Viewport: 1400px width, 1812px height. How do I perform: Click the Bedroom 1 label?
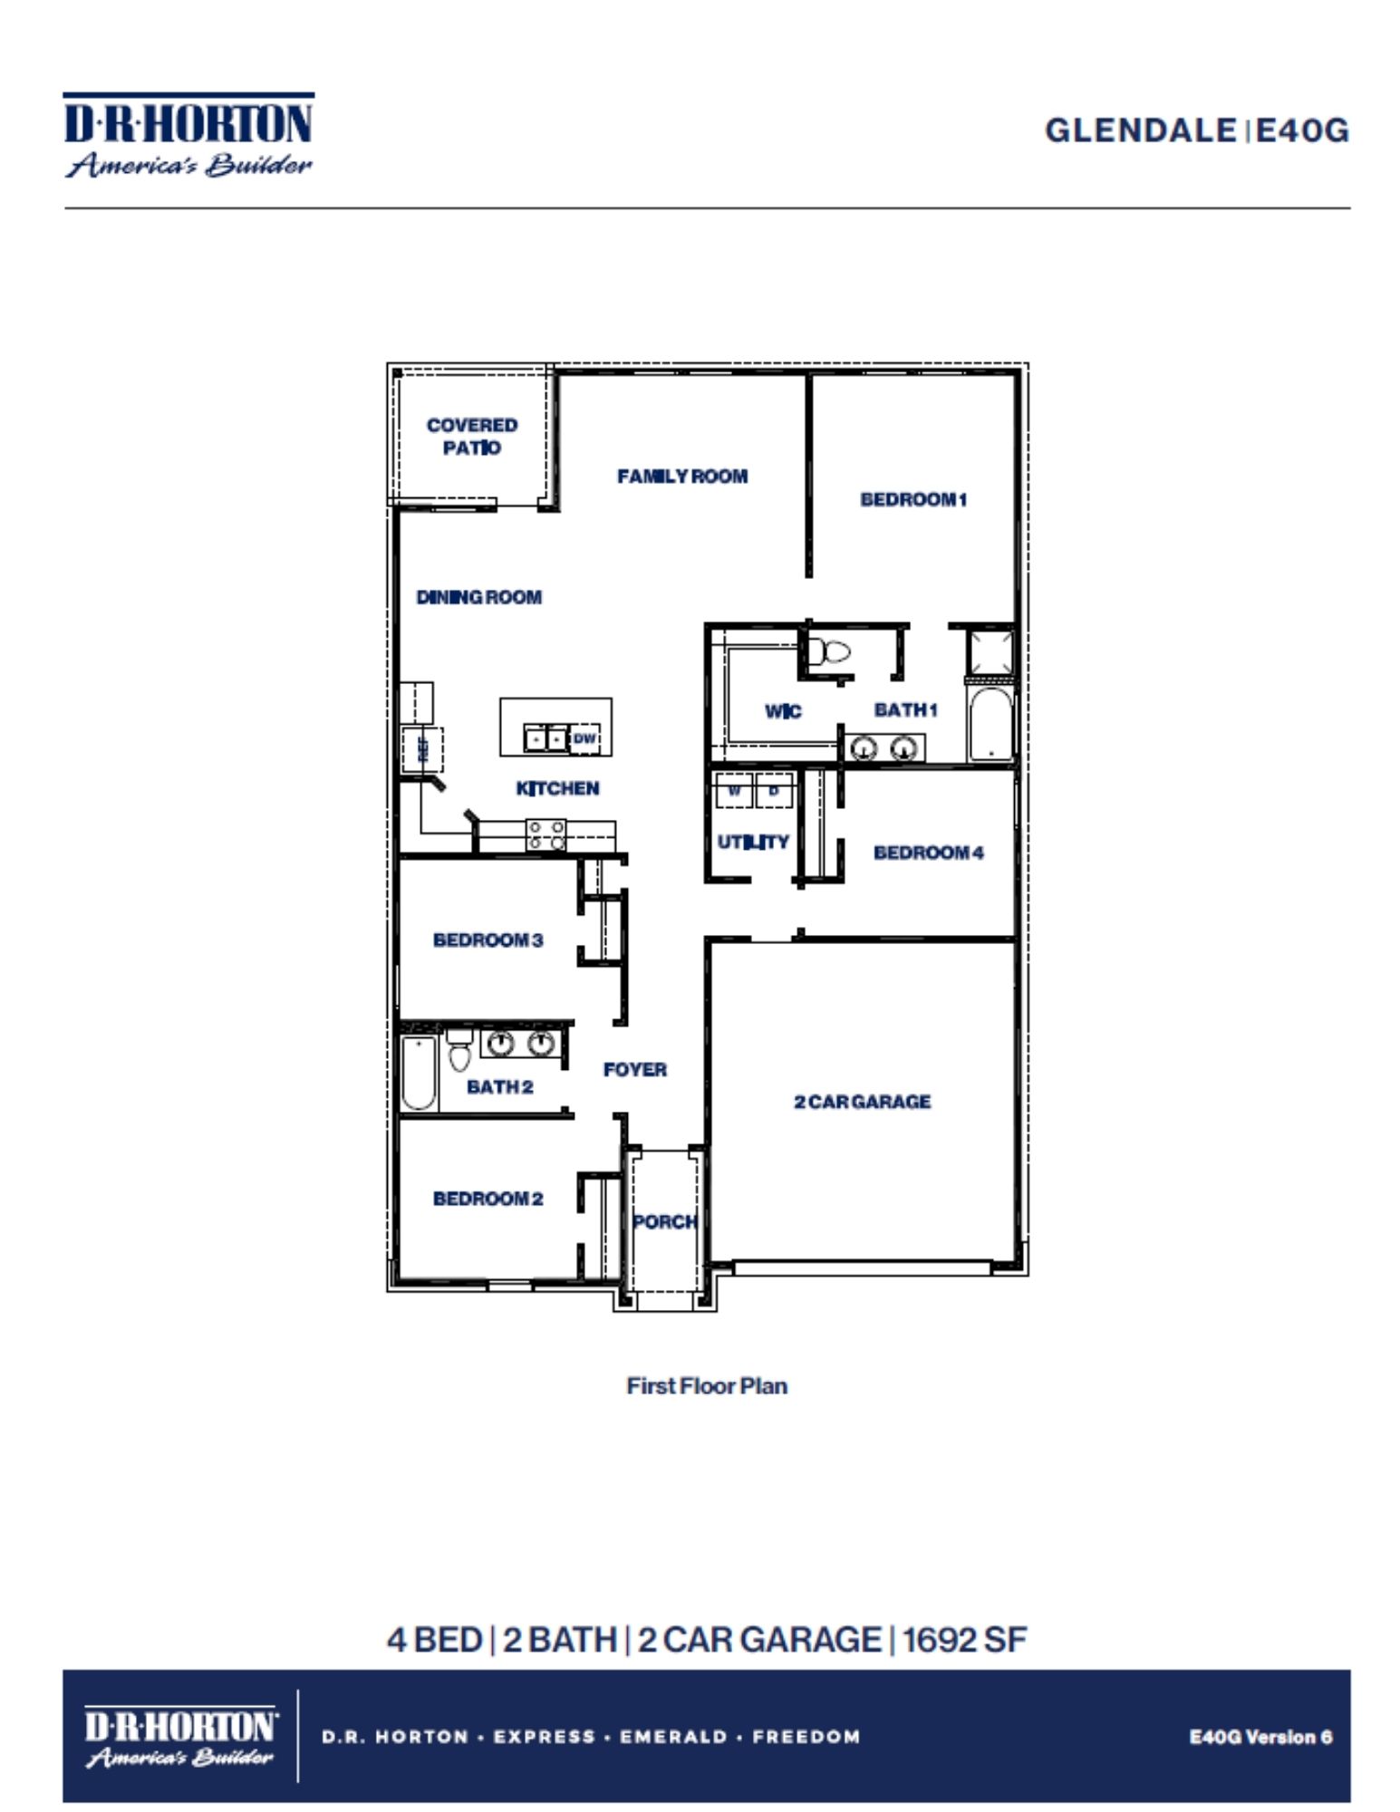[x=913, y=499]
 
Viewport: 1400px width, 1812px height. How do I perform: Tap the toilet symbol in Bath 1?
[x=829, y=651]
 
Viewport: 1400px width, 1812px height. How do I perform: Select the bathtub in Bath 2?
[x=419, y=1073]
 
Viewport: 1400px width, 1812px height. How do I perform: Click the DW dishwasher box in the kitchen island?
[x=584, y=738]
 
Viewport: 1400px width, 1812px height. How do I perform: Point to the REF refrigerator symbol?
[x=422, y=748]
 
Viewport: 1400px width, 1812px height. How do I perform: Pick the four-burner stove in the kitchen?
[x=546, y=834]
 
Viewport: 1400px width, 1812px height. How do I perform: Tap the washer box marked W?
[x=735, y=790]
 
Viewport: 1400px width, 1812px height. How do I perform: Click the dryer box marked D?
[x=774, y=790]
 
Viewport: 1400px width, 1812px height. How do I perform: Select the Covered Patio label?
[x=472, y=436]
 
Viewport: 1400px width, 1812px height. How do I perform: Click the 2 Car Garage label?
[x=862, y=1102]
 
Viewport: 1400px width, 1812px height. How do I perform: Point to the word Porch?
[x=664, y=1221]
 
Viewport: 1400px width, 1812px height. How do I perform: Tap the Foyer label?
[x=634, y=1070]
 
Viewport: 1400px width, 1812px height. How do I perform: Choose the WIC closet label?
[x=783, y=711]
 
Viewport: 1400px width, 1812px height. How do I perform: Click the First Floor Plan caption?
[x=707, y=1385]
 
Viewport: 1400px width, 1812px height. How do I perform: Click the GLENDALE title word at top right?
[x=1140, y=130]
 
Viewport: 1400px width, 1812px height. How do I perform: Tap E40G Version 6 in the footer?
[x=1260, y=1737]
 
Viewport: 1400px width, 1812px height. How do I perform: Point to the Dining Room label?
[x=478, y=597]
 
